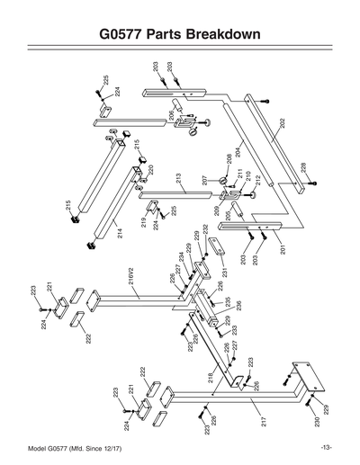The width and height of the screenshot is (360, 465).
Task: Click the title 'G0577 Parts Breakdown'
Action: [180, 35]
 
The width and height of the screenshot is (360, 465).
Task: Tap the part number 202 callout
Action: [282, 125]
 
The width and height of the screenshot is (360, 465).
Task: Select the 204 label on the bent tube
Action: [239, 150]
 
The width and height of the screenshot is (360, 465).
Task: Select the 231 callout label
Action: [224, 273]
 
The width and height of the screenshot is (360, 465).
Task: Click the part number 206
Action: [172, 115]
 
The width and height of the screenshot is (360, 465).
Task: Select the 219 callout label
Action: [143, 221]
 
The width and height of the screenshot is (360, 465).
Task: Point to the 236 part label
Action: [239, 306]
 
